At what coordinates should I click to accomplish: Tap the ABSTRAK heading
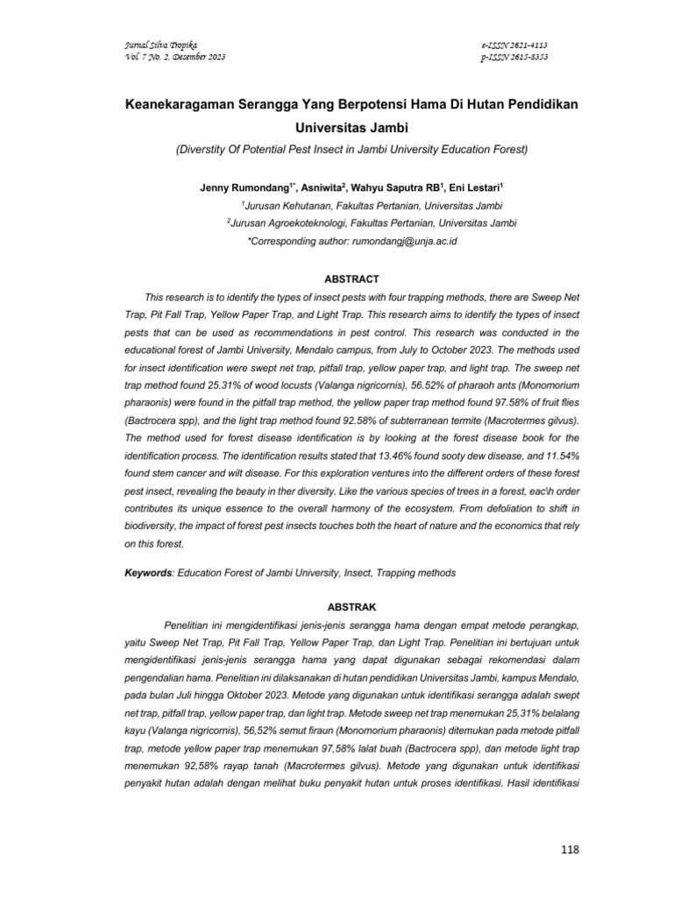click(351, 605)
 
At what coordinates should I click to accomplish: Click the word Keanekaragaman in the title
click(184, 104)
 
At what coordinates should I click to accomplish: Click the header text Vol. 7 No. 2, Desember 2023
click(165, 57)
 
